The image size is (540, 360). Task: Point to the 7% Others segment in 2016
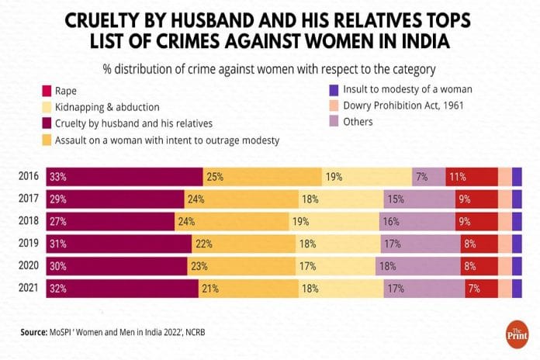[x=422, y=177]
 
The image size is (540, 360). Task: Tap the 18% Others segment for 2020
[x=386, y=266]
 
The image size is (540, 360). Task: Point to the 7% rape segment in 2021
[x=472, y=289]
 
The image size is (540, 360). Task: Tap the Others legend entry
[x=356, y=121]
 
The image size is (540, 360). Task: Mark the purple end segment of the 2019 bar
[x=517, y=244]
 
